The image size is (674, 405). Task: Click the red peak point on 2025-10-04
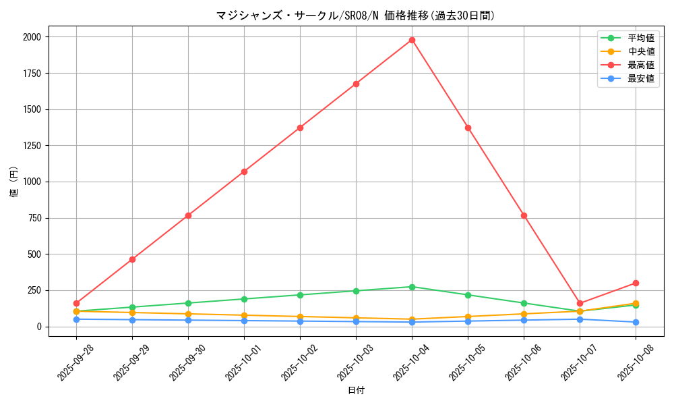(x=412, y=40)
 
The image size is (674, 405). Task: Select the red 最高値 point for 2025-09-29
(x=132, y=259)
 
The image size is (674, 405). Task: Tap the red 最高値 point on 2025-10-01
(x=244, y=171)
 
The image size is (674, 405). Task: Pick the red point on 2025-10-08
(x=636, y=283)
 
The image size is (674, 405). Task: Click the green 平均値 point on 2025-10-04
(x=412, y=287)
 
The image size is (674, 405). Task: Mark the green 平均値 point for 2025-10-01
(x=244, y=299)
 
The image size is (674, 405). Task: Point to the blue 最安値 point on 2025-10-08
(x=636, y=322)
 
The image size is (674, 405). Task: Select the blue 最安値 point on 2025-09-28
(x=76, y=319)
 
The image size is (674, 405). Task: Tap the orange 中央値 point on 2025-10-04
(x=412, y=319)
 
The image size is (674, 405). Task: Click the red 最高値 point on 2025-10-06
(x=524, y=215)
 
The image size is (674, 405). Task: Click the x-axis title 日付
(x=356, y=390)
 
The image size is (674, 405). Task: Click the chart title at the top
(x=356, y=16)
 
